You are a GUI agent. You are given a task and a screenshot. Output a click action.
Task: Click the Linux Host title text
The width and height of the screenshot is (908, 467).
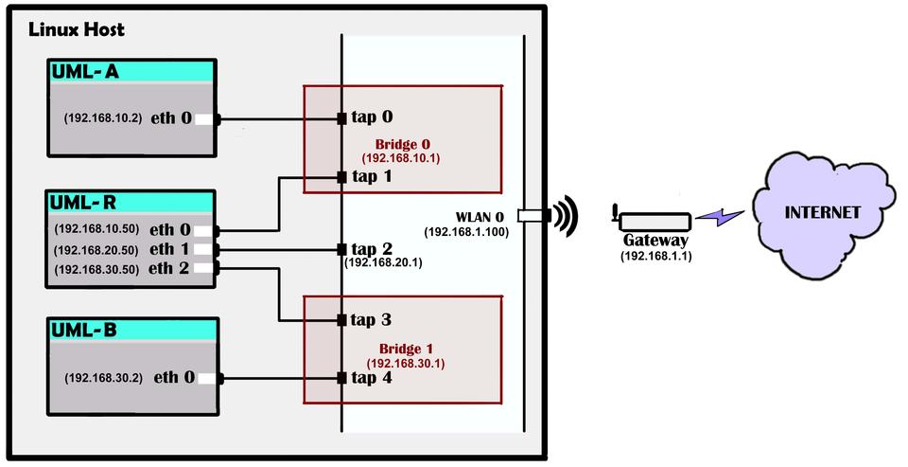(x=76, y=29)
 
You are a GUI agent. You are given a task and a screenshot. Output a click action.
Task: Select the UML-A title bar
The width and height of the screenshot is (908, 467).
(x=132, y=71)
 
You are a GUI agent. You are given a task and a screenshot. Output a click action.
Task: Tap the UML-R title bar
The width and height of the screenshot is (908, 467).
(x=132, y=202)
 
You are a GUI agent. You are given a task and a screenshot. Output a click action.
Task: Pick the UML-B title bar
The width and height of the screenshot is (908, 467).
(x=132, y=331)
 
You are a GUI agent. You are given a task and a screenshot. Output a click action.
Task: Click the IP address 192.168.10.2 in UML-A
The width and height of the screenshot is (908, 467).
(x=102, y=119)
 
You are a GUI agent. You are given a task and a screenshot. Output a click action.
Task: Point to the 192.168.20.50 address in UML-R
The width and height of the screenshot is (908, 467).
(x=96, y=249)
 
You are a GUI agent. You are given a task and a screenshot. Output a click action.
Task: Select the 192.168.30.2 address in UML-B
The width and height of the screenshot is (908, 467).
(x=102, y=377)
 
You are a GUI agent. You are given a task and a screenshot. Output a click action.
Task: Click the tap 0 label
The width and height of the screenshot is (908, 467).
(x=372, y=118)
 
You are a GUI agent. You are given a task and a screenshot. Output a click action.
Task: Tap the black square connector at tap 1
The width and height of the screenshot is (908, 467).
(x=341, y=177)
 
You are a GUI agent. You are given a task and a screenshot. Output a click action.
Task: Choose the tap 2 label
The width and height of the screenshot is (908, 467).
(x=372, y=248)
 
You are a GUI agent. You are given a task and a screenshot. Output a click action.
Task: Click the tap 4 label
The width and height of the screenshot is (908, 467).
(x=372, y=378)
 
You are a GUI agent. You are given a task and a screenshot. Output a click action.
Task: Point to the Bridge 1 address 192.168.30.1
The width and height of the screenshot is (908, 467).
(x=406, y=363)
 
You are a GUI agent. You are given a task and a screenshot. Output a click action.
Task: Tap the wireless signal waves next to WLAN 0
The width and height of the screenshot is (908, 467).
(x=566, y=217)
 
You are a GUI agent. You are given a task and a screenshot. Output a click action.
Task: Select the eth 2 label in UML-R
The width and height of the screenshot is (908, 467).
(x=170, y=268)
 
